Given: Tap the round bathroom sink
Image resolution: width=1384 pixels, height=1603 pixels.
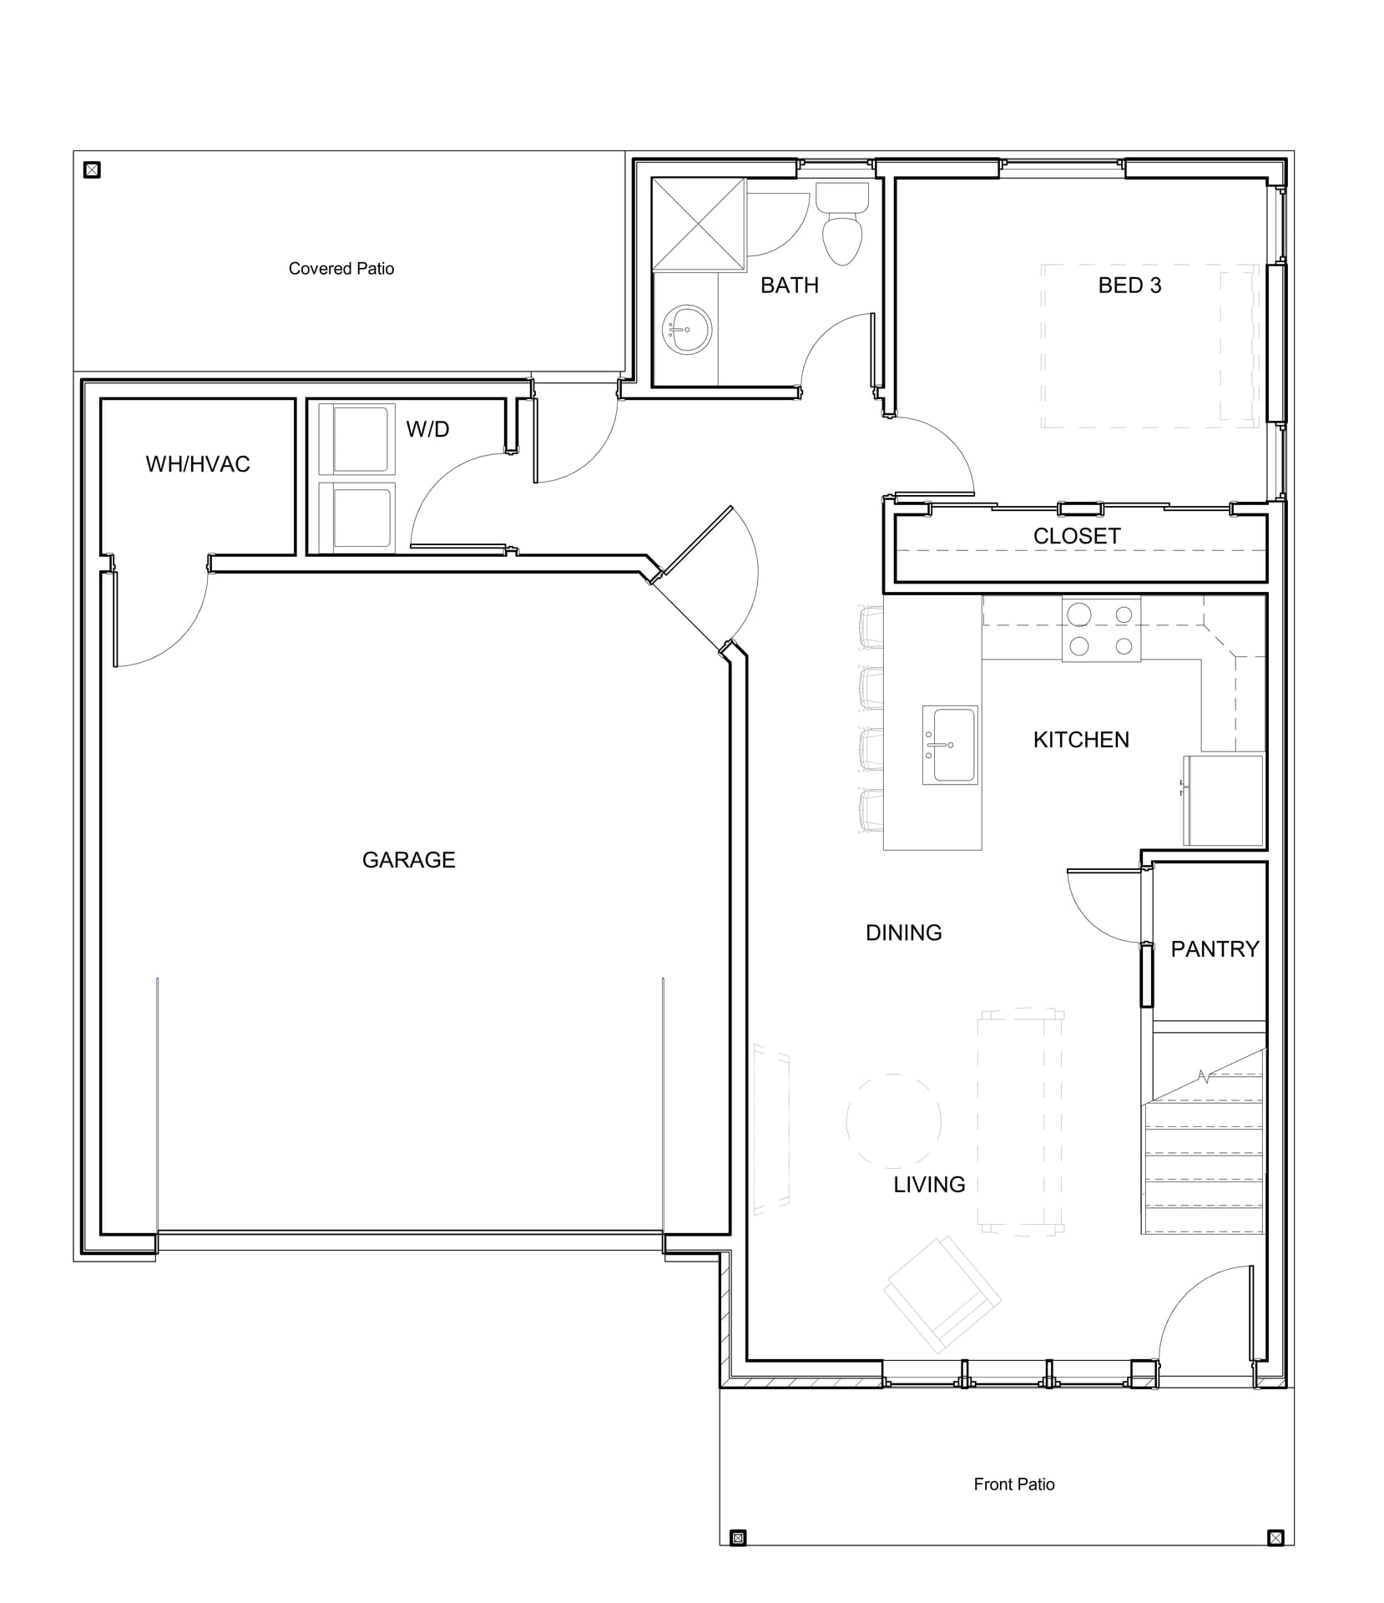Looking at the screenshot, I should [x=687, y=330].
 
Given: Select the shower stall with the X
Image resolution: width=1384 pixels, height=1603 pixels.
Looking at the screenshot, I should [x=698, y=224].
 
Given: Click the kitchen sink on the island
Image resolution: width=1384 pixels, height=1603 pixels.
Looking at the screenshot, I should [x=949, y=745].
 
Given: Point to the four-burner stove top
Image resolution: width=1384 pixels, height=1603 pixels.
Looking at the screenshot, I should [x=1100, y=630].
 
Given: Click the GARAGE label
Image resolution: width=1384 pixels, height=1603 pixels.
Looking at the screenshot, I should [x=408, y=860].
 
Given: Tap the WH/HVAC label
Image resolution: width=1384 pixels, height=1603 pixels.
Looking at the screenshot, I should [x=198, y=464].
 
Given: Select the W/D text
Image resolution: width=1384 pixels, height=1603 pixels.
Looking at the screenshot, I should [x=427, y=429].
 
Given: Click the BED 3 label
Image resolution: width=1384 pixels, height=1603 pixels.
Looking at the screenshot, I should [x=1129, y=286].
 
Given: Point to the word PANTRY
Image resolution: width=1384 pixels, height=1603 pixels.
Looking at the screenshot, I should [x=1214, y=949].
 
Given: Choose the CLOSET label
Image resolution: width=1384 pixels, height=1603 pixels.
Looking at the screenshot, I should [x=1077, y=536].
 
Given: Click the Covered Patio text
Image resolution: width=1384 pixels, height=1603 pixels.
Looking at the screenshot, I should [x=341, y=269].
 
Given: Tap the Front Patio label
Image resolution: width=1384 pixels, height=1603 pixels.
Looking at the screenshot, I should [x=1013, y=1484].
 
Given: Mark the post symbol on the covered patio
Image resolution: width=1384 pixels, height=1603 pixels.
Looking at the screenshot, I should [x=93, y=170].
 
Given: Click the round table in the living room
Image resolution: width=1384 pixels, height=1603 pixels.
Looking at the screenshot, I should [x=893, y=1120].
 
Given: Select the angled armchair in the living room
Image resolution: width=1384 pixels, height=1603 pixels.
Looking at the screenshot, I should [x=942, y=1294].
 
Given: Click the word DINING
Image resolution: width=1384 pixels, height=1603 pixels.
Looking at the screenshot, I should [x=903, y=933].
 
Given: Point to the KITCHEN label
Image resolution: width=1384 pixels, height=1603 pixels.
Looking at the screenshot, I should [x=1080, y=740].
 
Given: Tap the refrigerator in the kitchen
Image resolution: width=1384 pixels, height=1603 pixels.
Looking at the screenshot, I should [x=1223, y=800].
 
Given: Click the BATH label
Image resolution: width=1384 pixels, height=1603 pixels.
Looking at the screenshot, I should [x=789, y=286].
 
